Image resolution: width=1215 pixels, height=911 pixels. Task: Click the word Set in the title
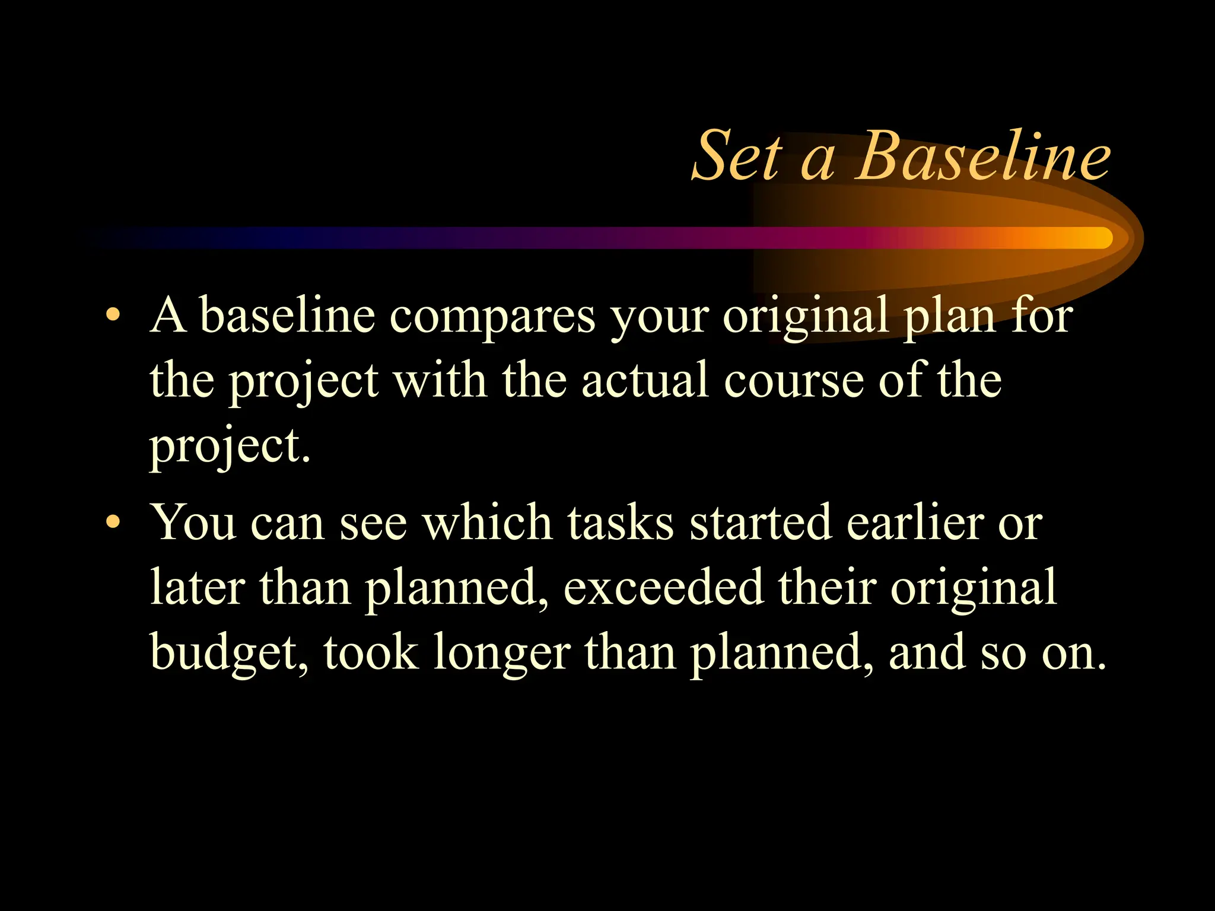[737, 157]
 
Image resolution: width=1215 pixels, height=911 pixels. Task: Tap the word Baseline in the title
[982, 157]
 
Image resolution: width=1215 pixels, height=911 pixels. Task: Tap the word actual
[645, 381]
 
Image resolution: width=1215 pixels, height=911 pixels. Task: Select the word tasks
[621, 523]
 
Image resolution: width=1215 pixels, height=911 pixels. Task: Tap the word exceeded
[663, 587]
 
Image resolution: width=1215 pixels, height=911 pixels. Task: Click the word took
[371, 652]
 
